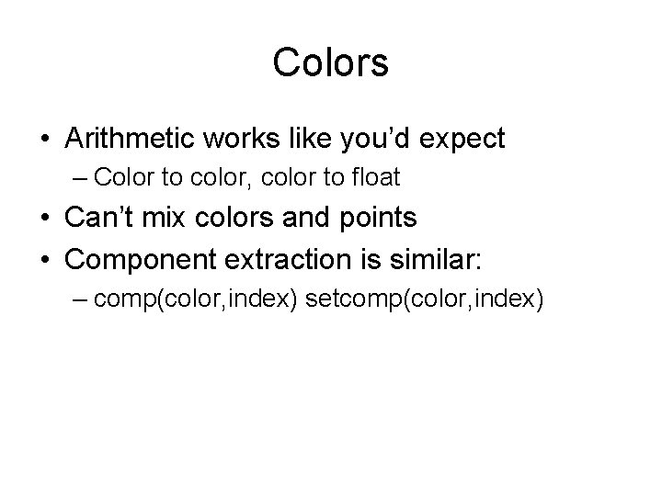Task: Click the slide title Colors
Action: tap(331, 62)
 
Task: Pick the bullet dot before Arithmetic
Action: tap(45, 141)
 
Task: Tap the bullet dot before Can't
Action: tap(45, 220)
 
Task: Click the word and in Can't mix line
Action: tap(296, 218)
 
